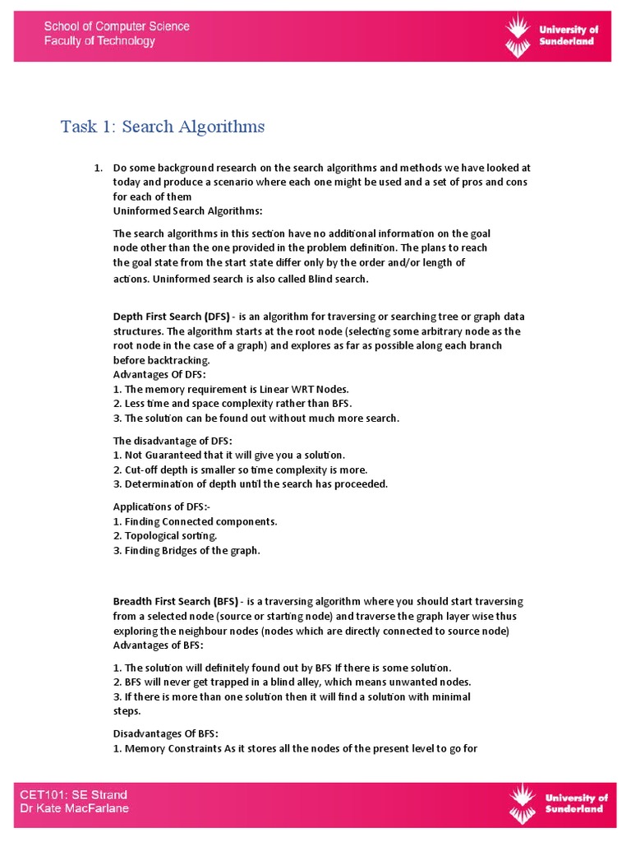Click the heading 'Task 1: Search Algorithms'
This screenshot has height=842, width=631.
[x=163, y=127]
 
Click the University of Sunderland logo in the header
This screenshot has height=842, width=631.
[x=550, y=35]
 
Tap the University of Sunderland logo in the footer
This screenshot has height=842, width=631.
[x=558, y=803]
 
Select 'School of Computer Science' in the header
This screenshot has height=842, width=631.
[x=117, y=26]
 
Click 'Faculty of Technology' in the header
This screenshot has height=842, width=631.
[x=99, y=41]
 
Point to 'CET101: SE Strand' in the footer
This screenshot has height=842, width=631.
[x=74, y=795]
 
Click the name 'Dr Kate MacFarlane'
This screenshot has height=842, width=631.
[x=75, y=809]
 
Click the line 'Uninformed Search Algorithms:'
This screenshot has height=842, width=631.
[x=176, y=211]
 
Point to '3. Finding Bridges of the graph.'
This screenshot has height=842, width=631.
[x=187, y=550]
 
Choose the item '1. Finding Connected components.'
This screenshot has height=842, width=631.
[x=195, y=521]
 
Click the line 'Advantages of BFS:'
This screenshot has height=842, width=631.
[x=157, y=645]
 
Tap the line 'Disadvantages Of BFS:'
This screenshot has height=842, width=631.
[x=165, y=733]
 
